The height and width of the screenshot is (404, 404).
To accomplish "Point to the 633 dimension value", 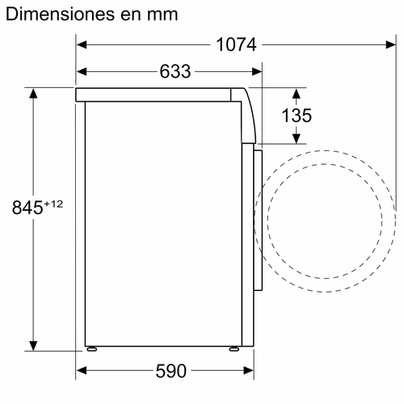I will pyautogui.click(x=175, y=72).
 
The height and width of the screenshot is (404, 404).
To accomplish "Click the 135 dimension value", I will pyautogui.click(x=296, y=116).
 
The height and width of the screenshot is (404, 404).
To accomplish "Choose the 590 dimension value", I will pyautogui.click(x=170, y=371).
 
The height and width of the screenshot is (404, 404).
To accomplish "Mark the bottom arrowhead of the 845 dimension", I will pyautogui.click(x=35, y=343).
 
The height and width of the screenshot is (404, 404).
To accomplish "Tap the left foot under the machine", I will pyautogui.click(x=93, y=349).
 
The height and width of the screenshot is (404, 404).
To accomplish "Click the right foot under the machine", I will pyautogui.click(x=234, y=349).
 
